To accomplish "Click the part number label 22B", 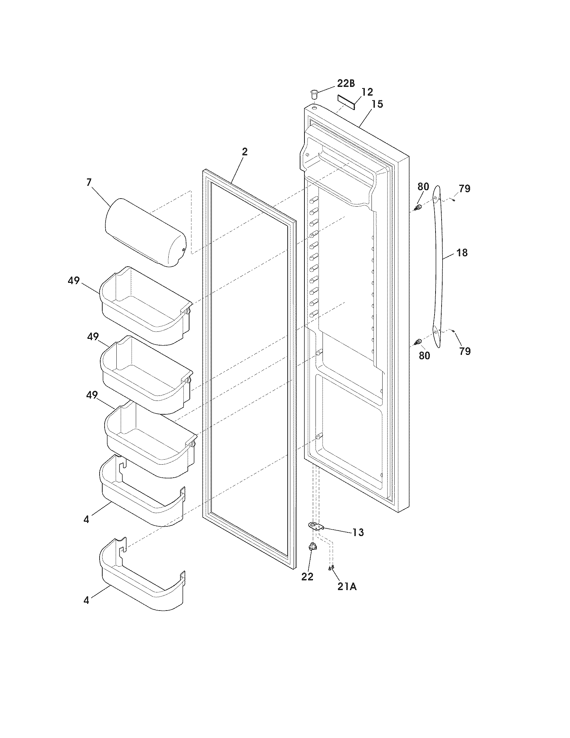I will click(346, 84).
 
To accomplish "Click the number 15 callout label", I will click(377, 104).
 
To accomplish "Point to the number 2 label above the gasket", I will click(244, 152).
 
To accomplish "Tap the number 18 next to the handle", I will click(462, 252).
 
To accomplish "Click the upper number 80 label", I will click(423, 187).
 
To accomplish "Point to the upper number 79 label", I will click(465, 189).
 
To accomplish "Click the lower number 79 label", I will click(465, 352).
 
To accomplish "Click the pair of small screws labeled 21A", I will click(331, 568).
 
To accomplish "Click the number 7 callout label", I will click(89, 182).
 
